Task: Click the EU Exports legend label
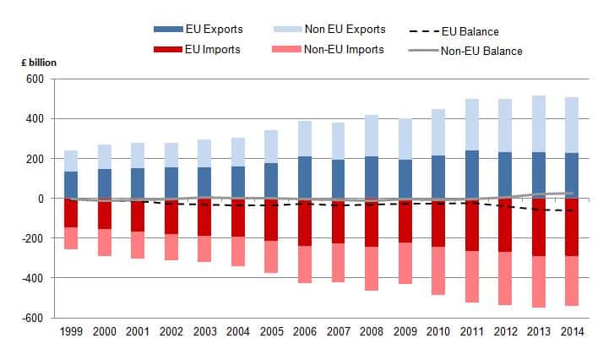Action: point(215,30)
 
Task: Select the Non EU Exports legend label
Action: point(346,30)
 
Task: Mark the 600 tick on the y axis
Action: point(35,79)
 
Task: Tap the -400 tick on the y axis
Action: point(33,278)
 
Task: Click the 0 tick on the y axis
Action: point(41,199)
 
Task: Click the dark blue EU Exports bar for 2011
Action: point(470,175)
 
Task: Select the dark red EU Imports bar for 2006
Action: point(304,222)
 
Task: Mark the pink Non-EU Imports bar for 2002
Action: point(171,247)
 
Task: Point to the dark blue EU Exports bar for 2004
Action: point(237,183)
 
